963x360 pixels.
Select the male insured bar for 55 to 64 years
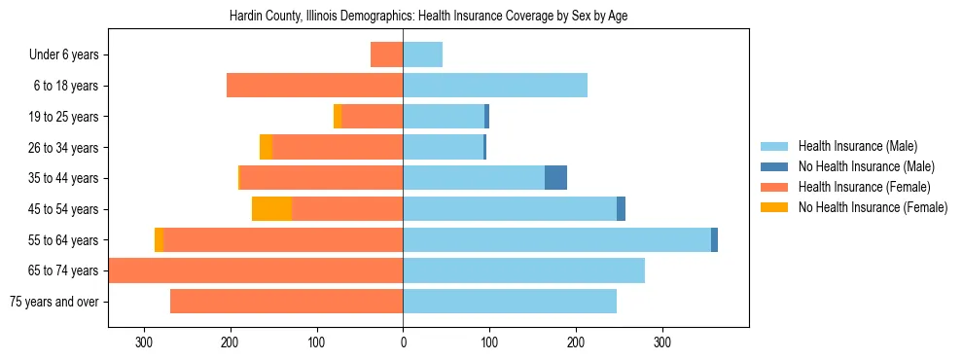click(x=556, y=239)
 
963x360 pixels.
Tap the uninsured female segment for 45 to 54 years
click(x=271, y=209)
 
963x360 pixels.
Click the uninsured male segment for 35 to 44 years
click(x=555, y=178)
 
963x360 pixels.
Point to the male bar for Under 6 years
click(x=422, y=54)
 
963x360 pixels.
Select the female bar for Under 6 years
click(x=386, y=54)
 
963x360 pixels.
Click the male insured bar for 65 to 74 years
click(x=523, y=270)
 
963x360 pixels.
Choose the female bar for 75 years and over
click(x=286, y=302)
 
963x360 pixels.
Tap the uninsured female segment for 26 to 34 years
click(x=266, y=147)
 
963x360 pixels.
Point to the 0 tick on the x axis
click(x=403, y=342)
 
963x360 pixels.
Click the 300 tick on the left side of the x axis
click(x=144, y=342)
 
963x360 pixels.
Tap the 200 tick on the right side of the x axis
click(x=576, y=342)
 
